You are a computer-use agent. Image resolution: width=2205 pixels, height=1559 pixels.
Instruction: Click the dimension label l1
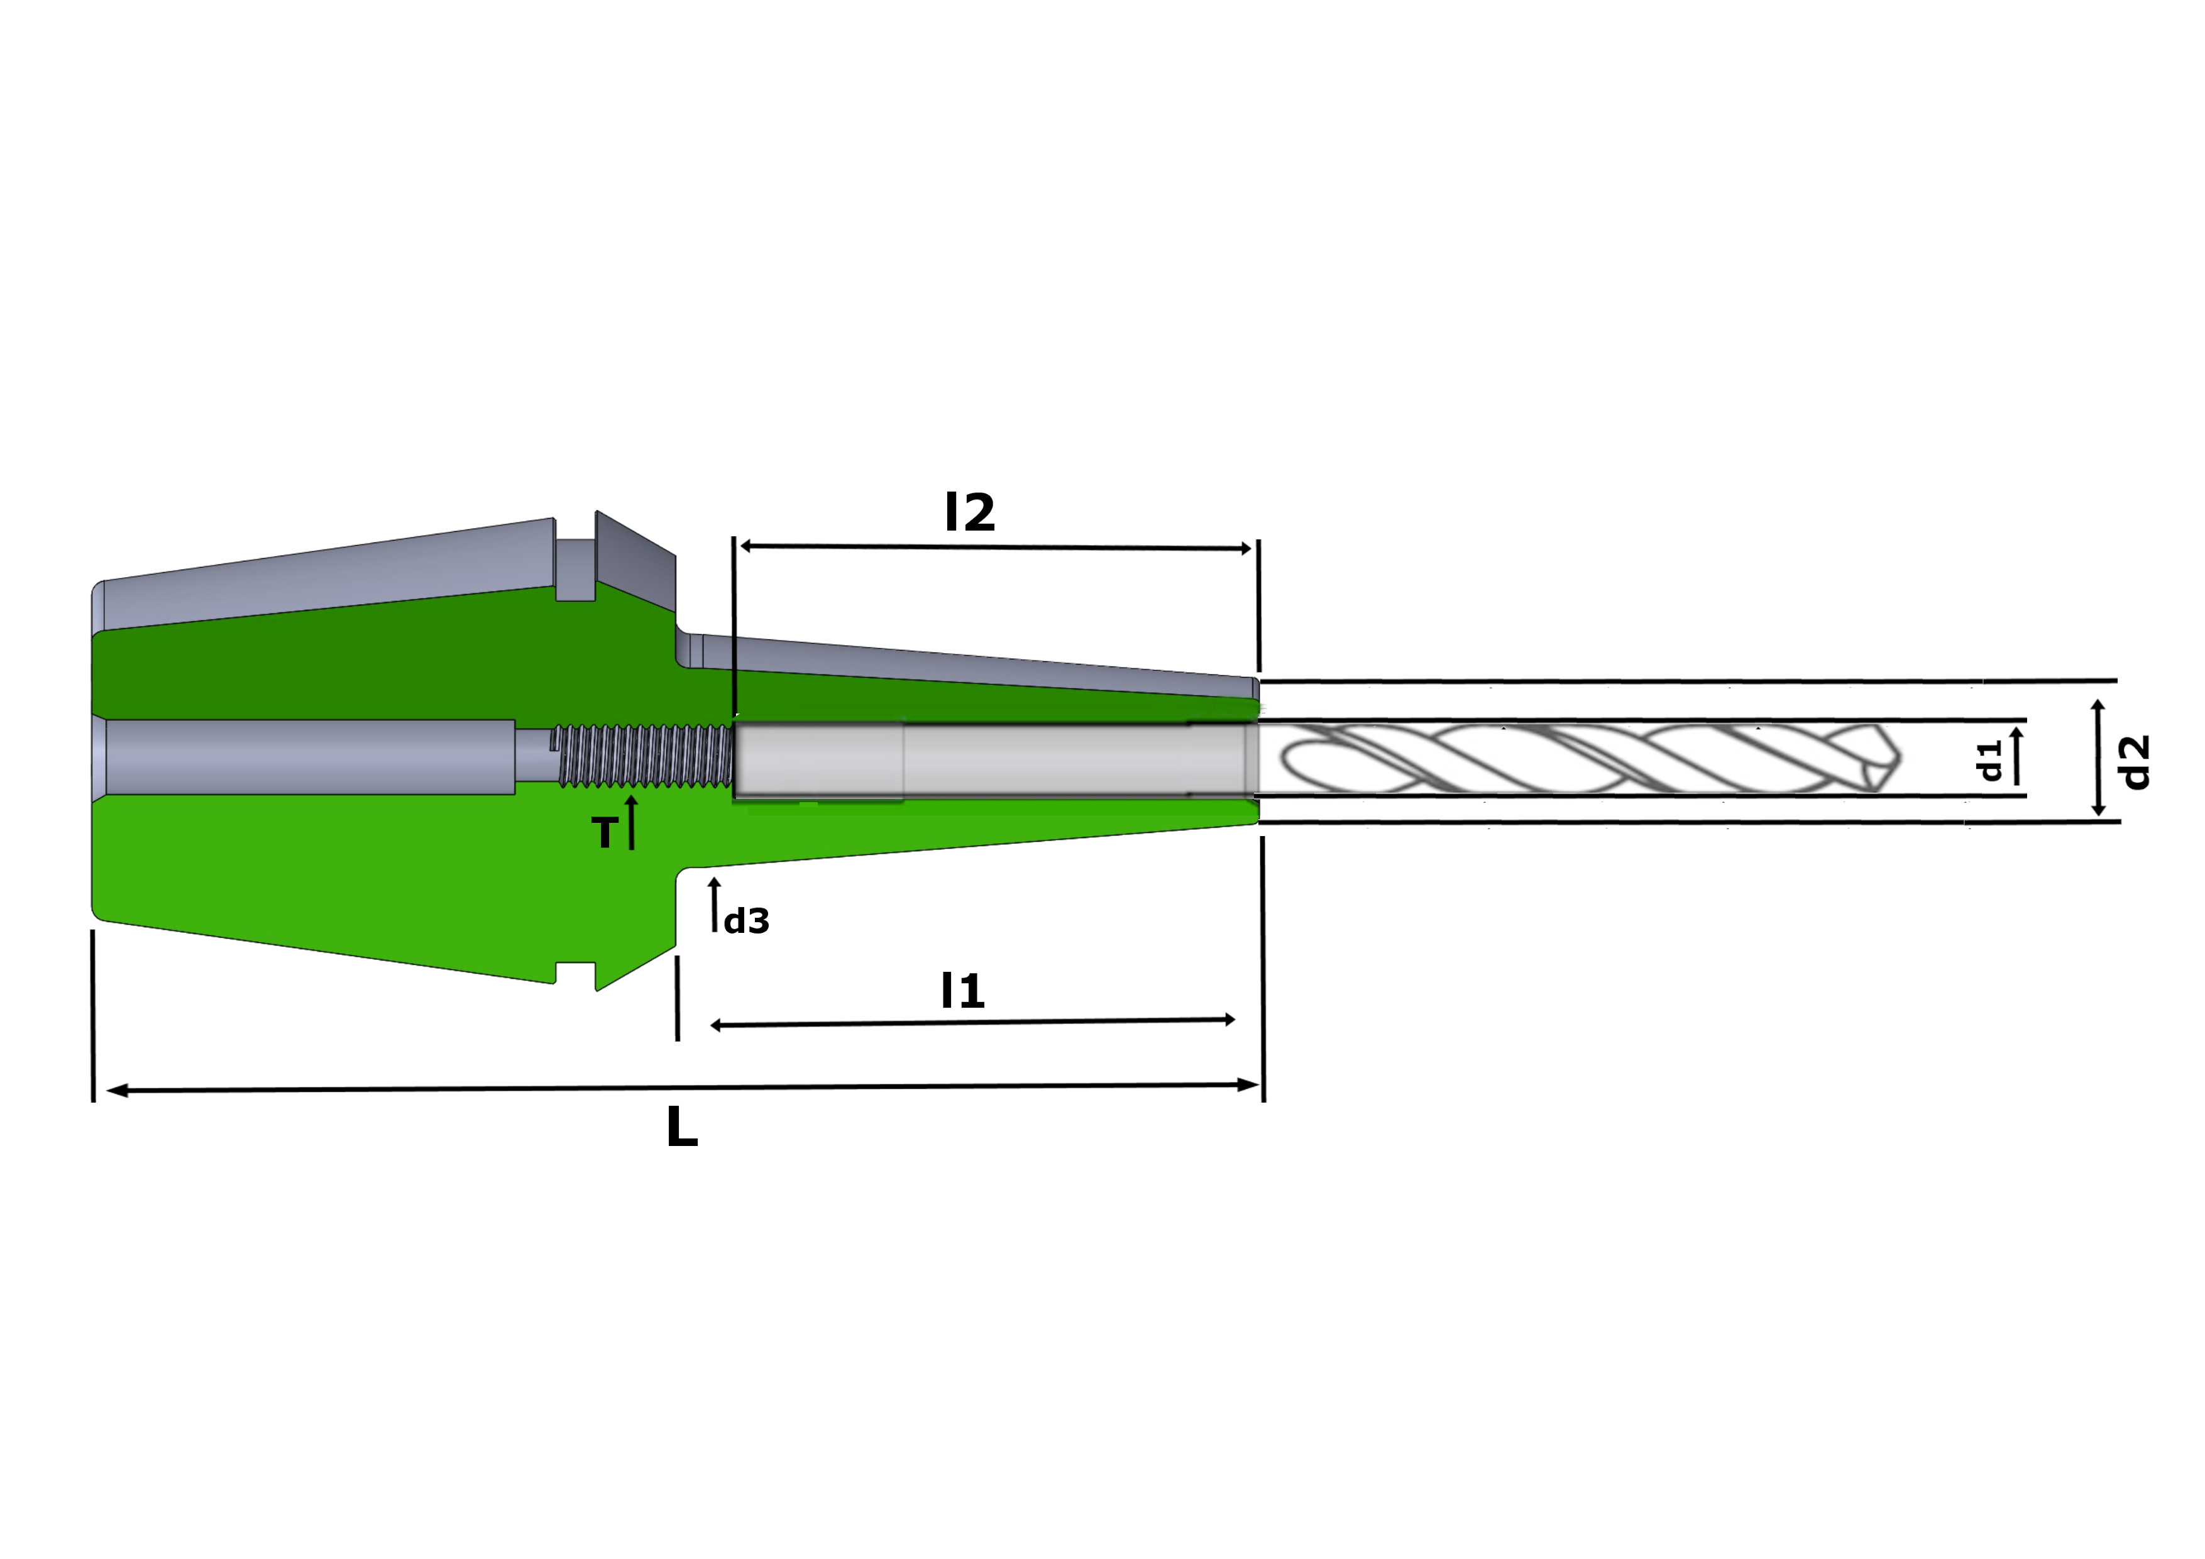tap(963, 990)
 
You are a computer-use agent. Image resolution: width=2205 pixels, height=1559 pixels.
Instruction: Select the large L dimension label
tap(682, 1127)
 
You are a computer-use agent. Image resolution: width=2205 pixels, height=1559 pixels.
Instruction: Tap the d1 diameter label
tap(1989, 760)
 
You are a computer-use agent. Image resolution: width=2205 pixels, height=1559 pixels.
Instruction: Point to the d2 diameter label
tap(2136, 763)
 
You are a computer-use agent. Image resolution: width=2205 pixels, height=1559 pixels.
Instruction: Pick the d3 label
tap(746, 921)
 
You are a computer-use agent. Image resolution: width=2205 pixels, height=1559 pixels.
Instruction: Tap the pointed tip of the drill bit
tap(1899, 759)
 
